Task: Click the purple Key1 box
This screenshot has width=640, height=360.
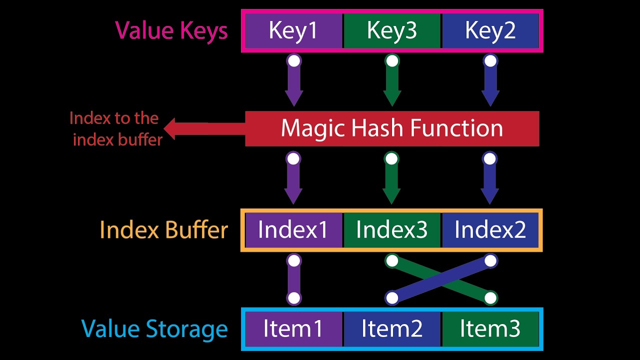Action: pyautogui.click(x=293, y=31)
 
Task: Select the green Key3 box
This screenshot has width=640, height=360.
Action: pyautogui.click(x=392, y=31)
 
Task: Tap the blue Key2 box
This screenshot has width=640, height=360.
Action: pyautogui.click(x=490, y=31)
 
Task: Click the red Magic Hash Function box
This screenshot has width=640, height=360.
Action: pyautogui.click(x=392, y=128)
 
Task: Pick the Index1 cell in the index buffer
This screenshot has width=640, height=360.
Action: pyautogui.click(x=293, y=230)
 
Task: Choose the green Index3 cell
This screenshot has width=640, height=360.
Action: pyautogui.click(x=392, y=230)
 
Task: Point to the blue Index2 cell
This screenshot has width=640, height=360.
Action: pyautogui.click(x=490, y=230)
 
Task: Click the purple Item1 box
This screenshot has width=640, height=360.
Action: pyautogui.click(x=293, y=329)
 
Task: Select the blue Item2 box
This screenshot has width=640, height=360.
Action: pyautogui.click(x=392, y=329)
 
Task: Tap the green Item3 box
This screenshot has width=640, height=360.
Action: pyautogui.click(x=490, y=329)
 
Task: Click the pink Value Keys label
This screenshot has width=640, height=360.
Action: pyautogui.click(x=171, y=31)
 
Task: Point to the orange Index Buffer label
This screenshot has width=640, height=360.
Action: pyautogui.click(x=163, y=229)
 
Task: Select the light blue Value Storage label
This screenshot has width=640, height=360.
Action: pyautogui.click(x=154, y=329)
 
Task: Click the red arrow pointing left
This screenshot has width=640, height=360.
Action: pyautogui.click(x=204, y=129)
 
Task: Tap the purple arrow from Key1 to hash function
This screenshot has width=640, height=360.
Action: pyautogui.click(x=294, y=80)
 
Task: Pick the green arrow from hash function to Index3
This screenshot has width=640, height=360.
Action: pyautogui.click(x=391, y=177)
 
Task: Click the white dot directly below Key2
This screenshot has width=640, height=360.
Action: pyautogui.click(x=490, y=61)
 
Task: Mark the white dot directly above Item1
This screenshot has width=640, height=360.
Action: pyautogui.click(x=294, y=298)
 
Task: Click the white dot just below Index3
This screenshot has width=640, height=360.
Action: pyautogui.click(x=392, y=260)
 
